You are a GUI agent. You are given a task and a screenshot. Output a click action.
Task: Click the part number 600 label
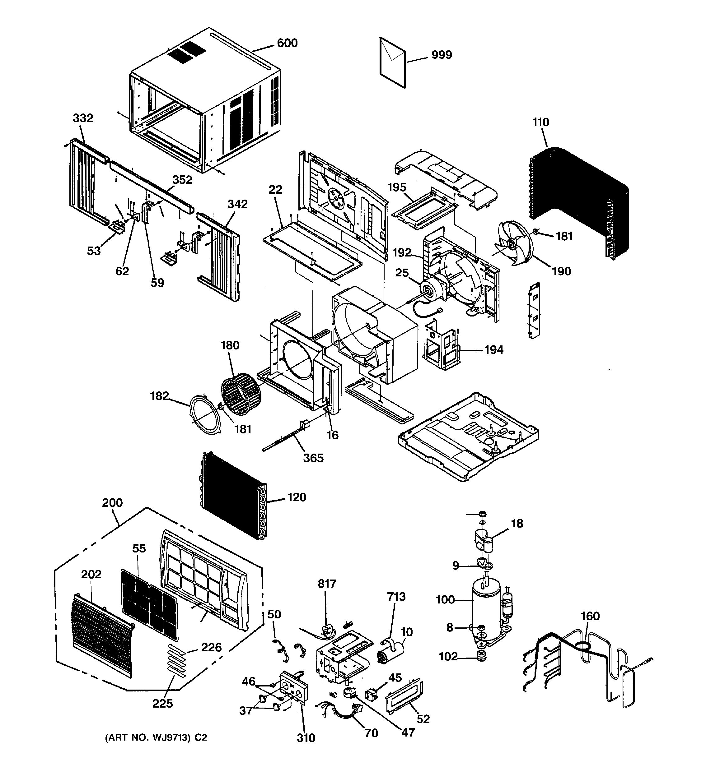[287, 43]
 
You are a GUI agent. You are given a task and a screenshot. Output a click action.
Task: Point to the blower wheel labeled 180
[241, 394]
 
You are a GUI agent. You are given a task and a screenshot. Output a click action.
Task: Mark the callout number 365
[313, 458]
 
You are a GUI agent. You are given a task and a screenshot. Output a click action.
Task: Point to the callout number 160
[590, 616]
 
